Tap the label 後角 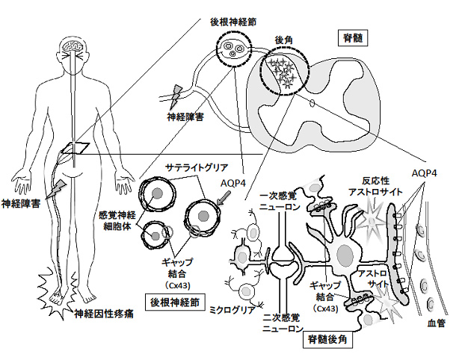coord(284,40)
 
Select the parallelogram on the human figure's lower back coord(76,149)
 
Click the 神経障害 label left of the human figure coord(21,202)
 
